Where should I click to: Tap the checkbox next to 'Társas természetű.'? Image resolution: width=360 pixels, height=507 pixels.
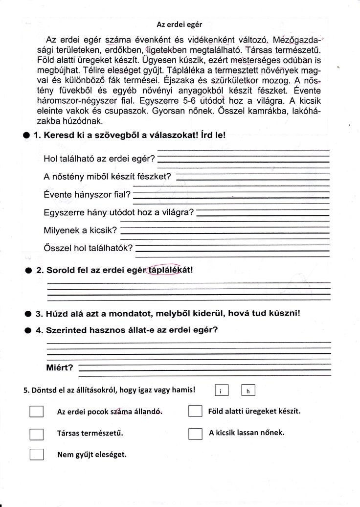(x=36, y=434)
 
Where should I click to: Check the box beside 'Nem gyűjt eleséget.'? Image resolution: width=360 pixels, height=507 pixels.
(x=36, y=455)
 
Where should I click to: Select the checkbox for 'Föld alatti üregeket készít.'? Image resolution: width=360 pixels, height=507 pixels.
(x=195, y=412)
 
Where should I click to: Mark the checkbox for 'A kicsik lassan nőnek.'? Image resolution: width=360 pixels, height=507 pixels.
(x=195, y=434)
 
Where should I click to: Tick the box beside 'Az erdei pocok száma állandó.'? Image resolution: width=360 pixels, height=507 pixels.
(x=36, y=412)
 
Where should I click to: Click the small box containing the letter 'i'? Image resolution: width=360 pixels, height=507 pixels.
(x=221, y=391)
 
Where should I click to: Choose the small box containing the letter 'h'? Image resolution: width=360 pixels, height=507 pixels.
(x=248, y=391)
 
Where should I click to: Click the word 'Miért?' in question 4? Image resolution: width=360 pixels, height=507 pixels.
(x=59, y=368)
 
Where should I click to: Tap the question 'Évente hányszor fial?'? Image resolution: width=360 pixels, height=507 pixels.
(x=87, y=195)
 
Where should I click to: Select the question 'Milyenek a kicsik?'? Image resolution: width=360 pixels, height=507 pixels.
(x=80, y=230)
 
